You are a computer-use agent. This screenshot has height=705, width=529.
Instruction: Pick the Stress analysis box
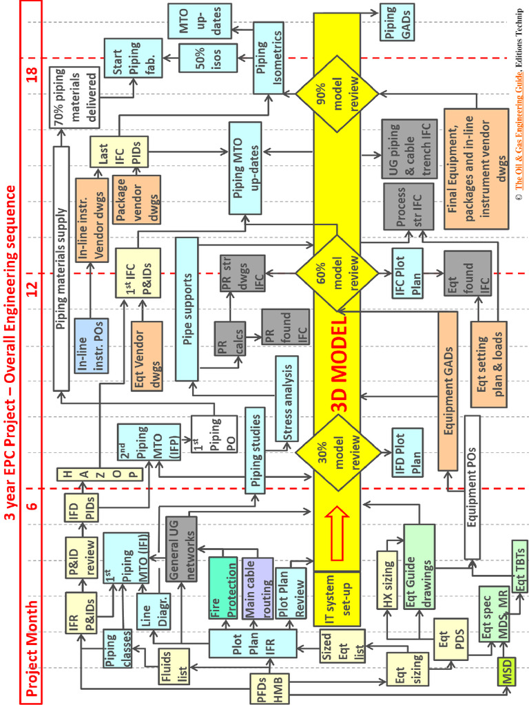[287, 399]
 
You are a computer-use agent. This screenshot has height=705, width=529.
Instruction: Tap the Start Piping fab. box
[133, 59]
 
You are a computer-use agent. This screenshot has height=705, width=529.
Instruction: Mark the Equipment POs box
[472, 487]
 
